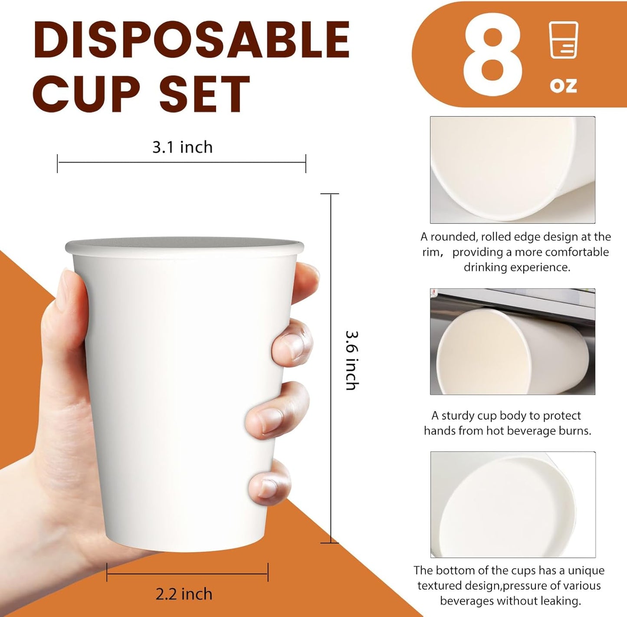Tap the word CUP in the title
pyautogui.click(x=86, y=93)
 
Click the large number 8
pyautogui.click(x=492, y=54)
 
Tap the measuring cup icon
pyautogui.click(x=563, y=40)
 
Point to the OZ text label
pyautogui.click(x=563, y=85)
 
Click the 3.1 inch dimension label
pyautogui.click(x=182, y=148)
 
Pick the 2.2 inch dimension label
pyautogui.click(x=184, y=594)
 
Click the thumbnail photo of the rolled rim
pyautogui.click(x=512, y=170)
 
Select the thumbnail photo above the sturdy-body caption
pyautogui.click(x=512, y=341)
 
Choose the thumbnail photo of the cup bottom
pyautogui.click(x=513, y=504)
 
